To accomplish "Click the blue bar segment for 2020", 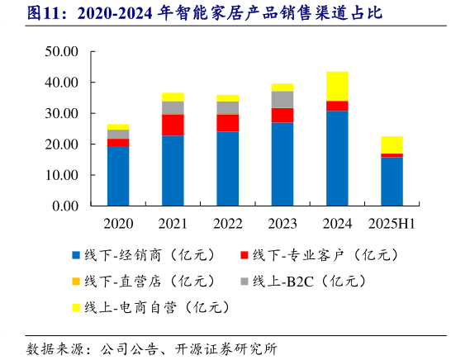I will (x=118, y=176).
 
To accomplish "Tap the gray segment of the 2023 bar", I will (x=282, y=99).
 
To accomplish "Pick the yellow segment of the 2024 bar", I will (x=337, y=86).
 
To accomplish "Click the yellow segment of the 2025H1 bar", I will (x=392, y=144).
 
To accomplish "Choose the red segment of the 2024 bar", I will (x=337, y=106).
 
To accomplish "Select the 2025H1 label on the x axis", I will (x=392, y=224).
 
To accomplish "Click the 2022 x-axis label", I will (x=228, y=224).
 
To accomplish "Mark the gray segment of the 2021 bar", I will (x=173, y=107).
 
